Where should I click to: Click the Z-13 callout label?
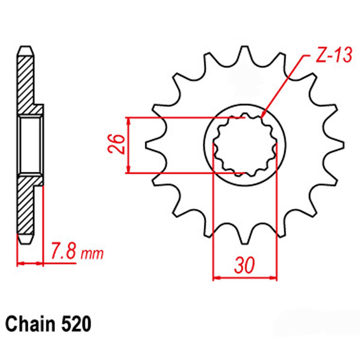(x=334, y=55)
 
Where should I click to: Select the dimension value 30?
(x=244, y=265)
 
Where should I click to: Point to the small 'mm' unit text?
(x=92, y=254)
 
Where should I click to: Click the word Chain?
(x=30, y=324)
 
